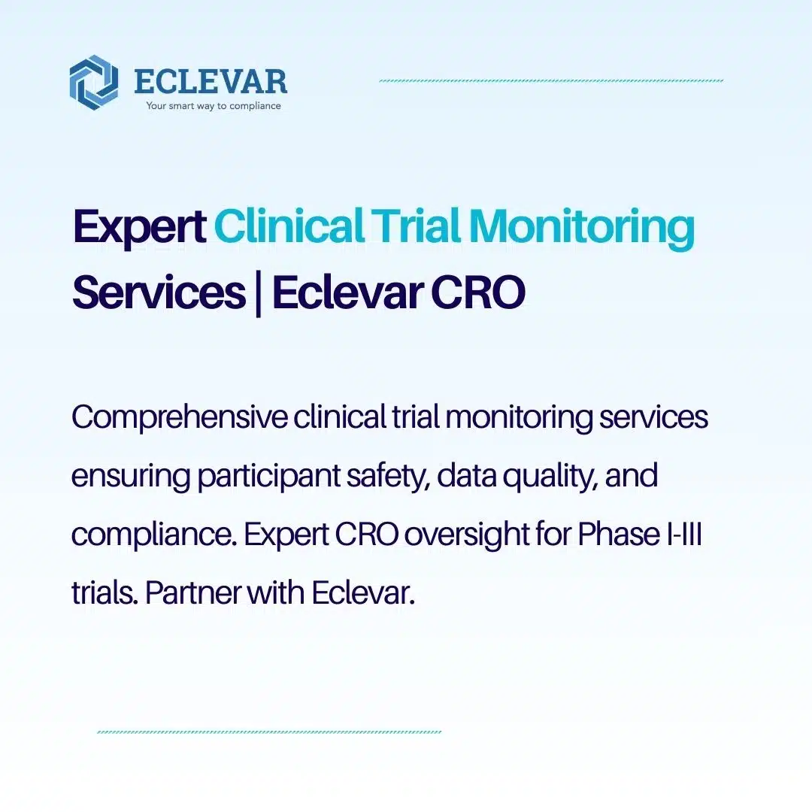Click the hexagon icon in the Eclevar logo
point(93,83)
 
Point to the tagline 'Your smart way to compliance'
point(214,106)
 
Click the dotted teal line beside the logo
point(551,80)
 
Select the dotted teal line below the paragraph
point(269,732)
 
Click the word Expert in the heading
point(139,228)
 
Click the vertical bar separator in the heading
point(259,294)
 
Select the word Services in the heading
point(158,292)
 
